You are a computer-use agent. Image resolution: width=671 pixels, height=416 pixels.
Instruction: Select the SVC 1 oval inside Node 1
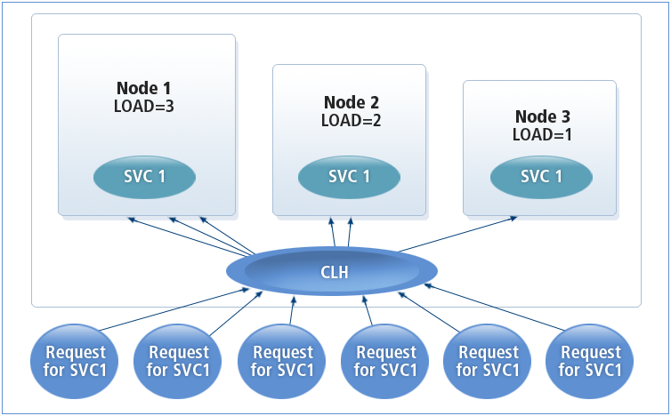tap(143, 176)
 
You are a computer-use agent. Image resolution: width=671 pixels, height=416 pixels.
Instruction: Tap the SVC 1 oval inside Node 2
tap(349, 176)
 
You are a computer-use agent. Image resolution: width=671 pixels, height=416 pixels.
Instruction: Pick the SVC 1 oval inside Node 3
tap(540, 176)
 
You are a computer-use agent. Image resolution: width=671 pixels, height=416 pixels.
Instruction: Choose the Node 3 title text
tap(542, 116)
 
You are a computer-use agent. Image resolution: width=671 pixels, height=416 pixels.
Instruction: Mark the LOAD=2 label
tap(351, 120)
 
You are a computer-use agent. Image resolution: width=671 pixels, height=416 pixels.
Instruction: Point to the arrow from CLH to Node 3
tap(459, 233)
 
